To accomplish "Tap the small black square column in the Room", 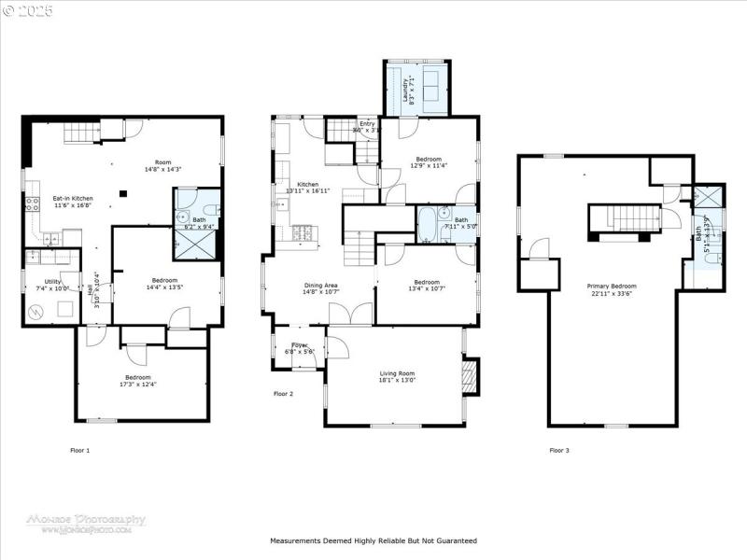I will click(121, 195).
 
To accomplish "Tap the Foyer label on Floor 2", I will click(299, 345).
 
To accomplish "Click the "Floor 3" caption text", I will click(559, 450).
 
